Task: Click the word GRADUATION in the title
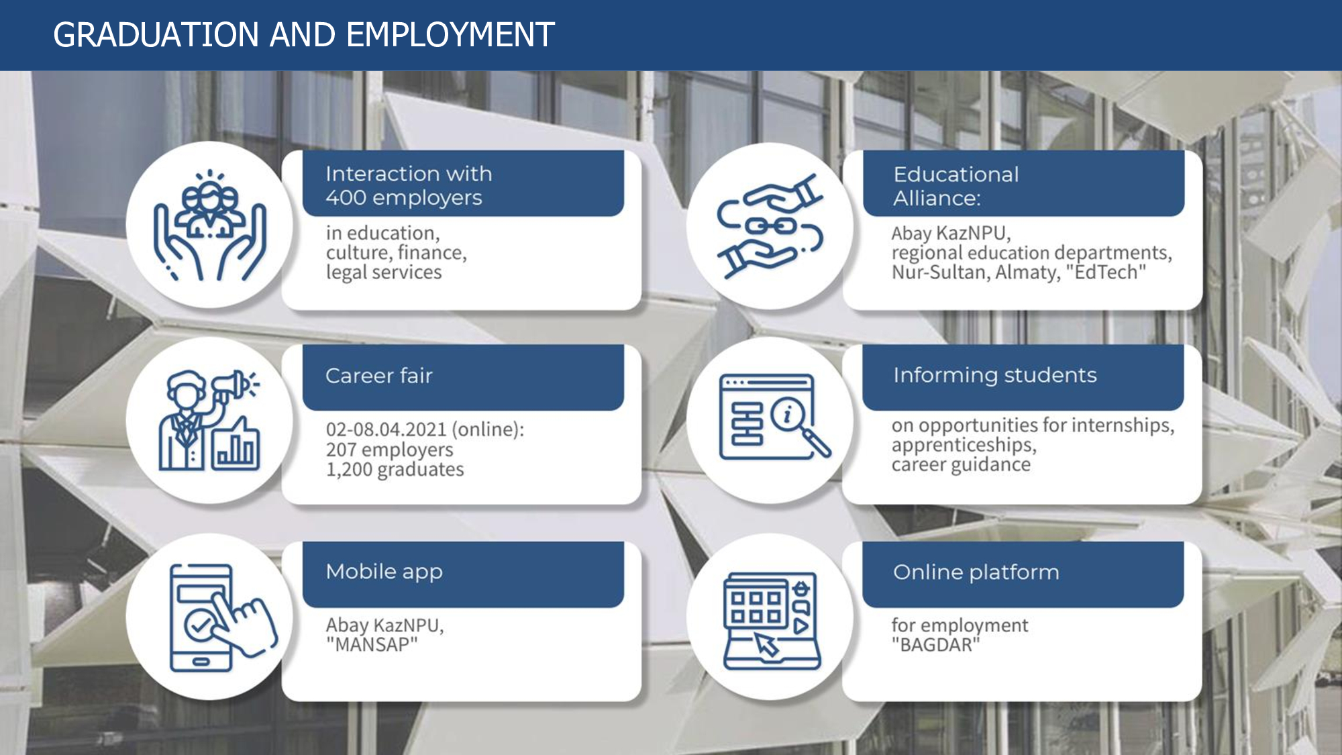156,35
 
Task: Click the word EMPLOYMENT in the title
451,35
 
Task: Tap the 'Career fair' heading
379,376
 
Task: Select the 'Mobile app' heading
384,572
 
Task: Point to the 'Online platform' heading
976,572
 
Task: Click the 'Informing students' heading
995,375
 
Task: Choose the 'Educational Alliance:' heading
956,186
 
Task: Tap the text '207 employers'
389,450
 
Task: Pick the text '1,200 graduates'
395,469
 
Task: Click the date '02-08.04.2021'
386,430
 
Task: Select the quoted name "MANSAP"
372,645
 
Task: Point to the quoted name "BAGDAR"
935,645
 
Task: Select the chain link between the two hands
772,225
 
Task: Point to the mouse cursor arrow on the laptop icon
767,645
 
